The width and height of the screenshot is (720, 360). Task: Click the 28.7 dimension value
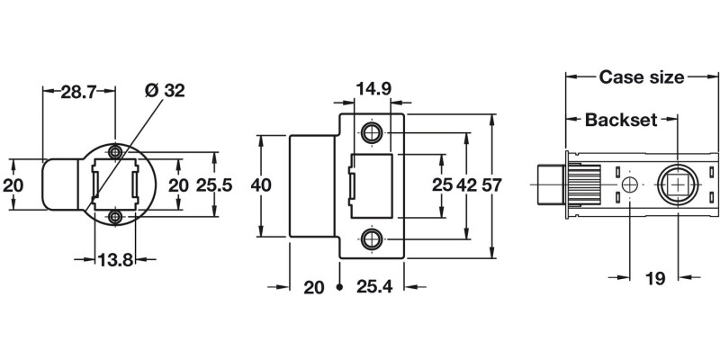tap(79, 91)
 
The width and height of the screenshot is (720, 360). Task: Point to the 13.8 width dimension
tap(115, 260)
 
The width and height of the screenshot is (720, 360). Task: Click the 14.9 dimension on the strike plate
tap(373, 90)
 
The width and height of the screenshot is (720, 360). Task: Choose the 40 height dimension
tap(261, 185)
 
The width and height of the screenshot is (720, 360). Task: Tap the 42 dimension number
tap(467, 185)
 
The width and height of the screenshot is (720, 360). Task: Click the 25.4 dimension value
tap(369, 288)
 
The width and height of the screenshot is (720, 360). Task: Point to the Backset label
tap(621, 119)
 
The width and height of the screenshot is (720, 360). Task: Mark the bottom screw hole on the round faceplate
tap(114, 217)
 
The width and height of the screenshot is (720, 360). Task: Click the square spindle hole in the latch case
tap(677, 184)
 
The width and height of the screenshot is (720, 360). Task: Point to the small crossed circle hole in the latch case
tap(629, 184)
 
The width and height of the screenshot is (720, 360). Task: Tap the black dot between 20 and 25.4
tap(339, 288)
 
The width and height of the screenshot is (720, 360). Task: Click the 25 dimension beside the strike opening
tap(441, 185)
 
